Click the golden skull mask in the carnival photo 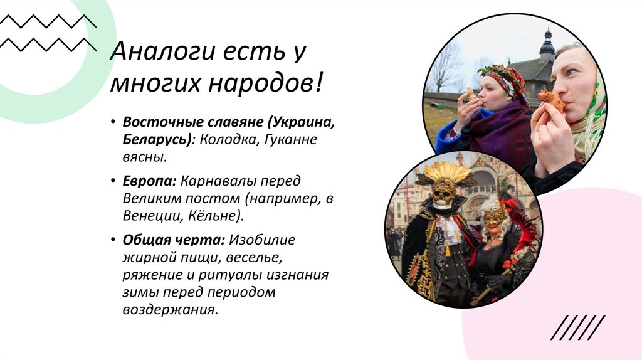coord(443,192)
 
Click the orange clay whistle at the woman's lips coord(551,99)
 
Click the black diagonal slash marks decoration coord(578,327)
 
